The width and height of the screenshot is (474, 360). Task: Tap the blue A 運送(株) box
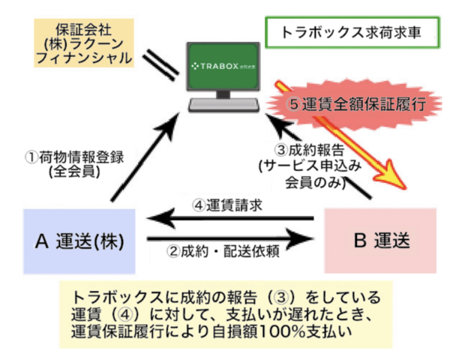[79, 240]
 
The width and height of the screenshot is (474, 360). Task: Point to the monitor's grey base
[223, 103]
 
